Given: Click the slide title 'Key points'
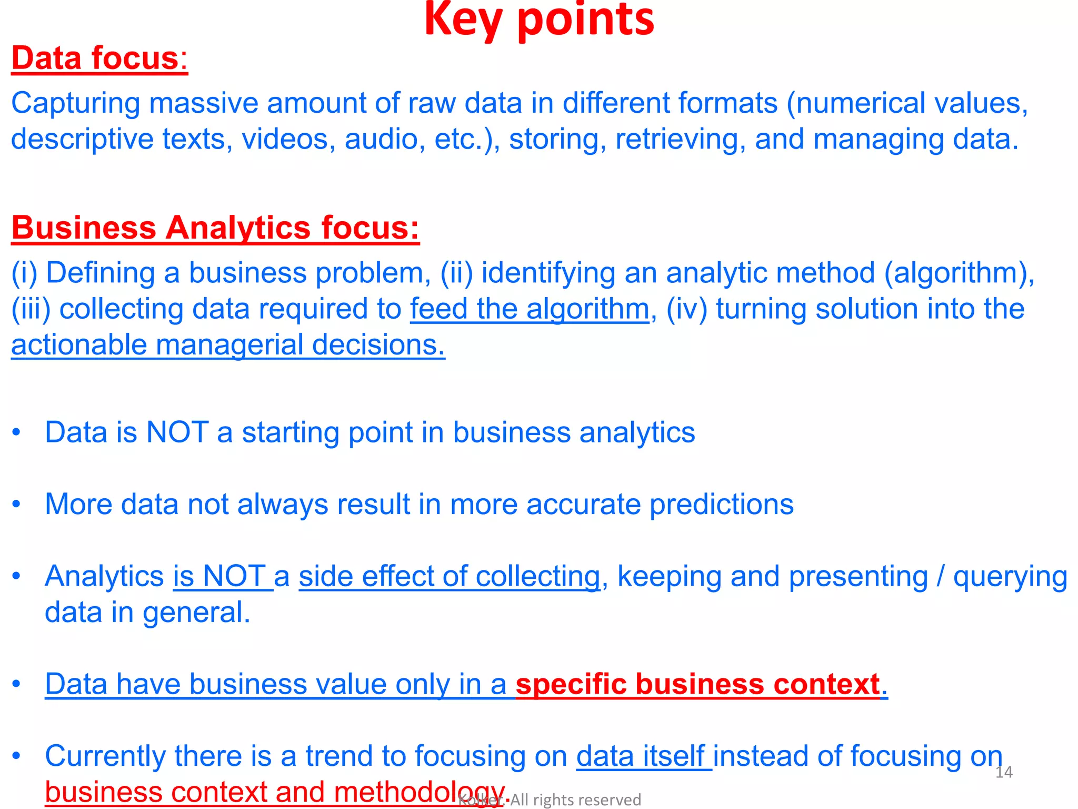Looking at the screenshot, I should click(x=539, y=20).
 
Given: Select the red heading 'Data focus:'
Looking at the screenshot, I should click(x=99, y=58).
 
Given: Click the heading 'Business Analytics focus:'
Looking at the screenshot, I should click(x=215, y=228).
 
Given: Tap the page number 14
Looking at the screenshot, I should click(x=1004, y=772).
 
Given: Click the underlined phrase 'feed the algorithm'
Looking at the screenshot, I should click(x=530, y=309).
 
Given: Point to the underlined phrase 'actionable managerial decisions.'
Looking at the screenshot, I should click(x=228, y=345).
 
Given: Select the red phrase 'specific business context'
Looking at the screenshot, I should click(x=697, y=684).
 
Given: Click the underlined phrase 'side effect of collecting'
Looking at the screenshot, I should click(x=449, y=576).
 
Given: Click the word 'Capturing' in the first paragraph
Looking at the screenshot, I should click(x=75, y=103).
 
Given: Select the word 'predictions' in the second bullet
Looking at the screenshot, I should click(x=721, y=505).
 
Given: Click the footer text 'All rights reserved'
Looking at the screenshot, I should click(x=575, y=800).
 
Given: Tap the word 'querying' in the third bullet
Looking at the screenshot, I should click(x=1010, y=576).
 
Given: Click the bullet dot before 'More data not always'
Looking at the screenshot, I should click(x=17, y=505).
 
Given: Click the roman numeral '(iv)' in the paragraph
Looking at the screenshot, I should click(x=686, y=309).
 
